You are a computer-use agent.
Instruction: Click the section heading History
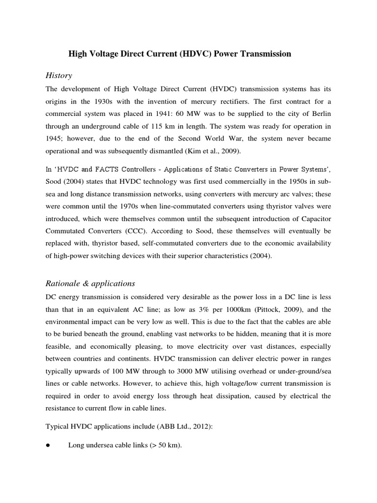click(58, 75)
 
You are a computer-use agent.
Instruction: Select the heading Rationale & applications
click(90, 283)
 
